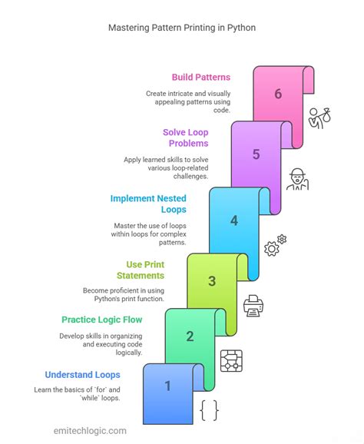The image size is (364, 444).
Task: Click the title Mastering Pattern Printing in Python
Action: point(182,28)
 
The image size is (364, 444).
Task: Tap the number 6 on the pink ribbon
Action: point(278,94)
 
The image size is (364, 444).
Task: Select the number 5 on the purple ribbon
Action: point(256,154)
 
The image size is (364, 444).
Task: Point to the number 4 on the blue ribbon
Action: point(234,220)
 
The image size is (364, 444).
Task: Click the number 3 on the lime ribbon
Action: point(212,281)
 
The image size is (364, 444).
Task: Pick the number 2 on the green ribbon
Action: point(190,336)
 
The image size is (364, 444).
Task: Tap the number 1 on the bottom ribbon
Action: point(168,386)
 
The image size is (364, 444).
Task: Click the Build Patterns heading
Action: point(201,78)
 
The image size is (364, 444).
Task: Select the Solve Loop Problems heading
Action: point(186,138)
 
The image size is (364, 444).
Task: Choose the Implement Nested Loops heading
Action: point(148,204)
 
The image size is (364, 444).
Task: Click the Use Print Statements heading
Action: point(141,270)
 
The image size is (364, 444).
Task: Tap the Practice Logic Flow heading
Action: point(102,320)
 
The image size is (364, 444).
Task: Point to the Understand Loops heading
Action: point(83,375)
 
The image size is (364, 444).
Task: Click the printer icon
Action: point(253,306)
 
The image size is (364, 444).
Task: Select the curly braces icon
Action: point(210,410)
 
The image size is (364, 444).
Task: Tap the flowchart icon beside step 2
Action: point(232,361)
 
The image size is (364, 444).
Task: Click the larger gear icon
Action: point(271,249)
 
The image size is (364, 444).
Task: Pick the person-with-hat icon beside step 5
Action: point(297,179)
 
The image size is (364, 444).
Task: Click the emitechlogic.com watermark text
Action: point(90,431)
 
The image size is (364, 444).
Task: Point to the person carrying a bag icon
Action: point(319,118)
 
